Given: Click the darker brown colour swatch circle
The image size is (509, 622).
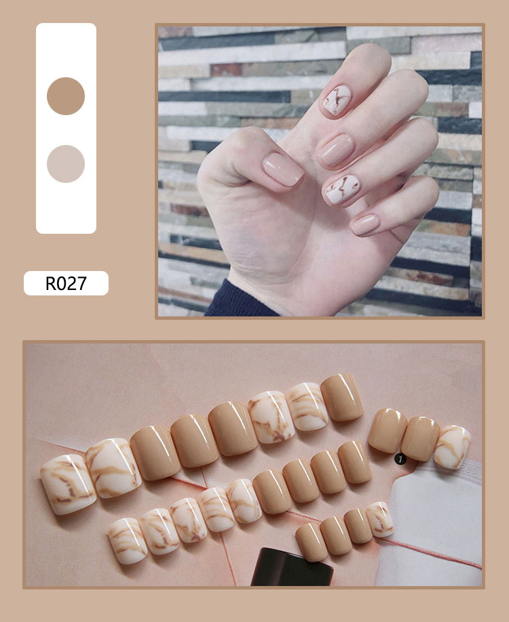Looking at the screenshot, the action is point(66,96).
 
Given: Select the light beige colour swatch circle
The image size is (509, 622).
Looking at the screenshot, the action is point(66,164).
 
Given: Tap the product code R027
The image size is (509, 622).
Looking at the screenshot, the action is point(66,283).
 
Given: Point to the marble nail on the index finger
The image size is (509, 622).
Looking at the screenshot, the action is point(337,100).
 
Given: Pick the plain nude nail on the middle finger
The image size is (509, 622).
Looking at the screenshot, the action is point(336,150).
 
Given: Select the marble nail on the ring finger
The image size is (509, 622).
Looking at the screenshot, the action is point(340,190).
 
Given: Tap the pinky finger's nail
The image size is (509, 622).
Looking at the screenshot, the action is point(364,224).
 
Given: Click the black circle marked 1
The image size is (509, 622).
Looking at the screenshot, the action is point(400,459).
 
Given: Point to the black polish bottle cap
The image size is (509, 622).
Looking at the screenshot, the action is point(292,567).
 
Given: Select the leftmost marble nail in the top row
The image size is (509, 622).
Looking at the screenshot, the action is point(68,484).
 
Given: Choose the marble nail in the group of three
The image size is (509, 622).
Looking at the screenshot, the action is point(452,447).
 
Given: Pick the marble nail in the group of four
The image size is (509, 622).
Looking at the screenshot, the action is point(379,519).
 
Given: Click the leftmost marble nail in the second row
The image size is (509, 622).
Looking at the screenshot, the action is point(127,541).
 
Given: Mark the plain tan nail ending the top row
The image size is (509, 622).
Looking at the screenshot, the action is point(342,398).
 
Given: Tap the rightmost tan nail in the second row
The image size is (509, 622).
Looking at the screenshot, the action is point(355,462).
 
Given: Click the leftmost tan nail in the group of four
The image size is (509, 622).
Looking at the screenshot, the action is point(311,542).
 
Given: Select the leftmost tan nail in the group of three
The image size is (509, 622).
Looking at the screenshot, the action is point(388,430).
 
